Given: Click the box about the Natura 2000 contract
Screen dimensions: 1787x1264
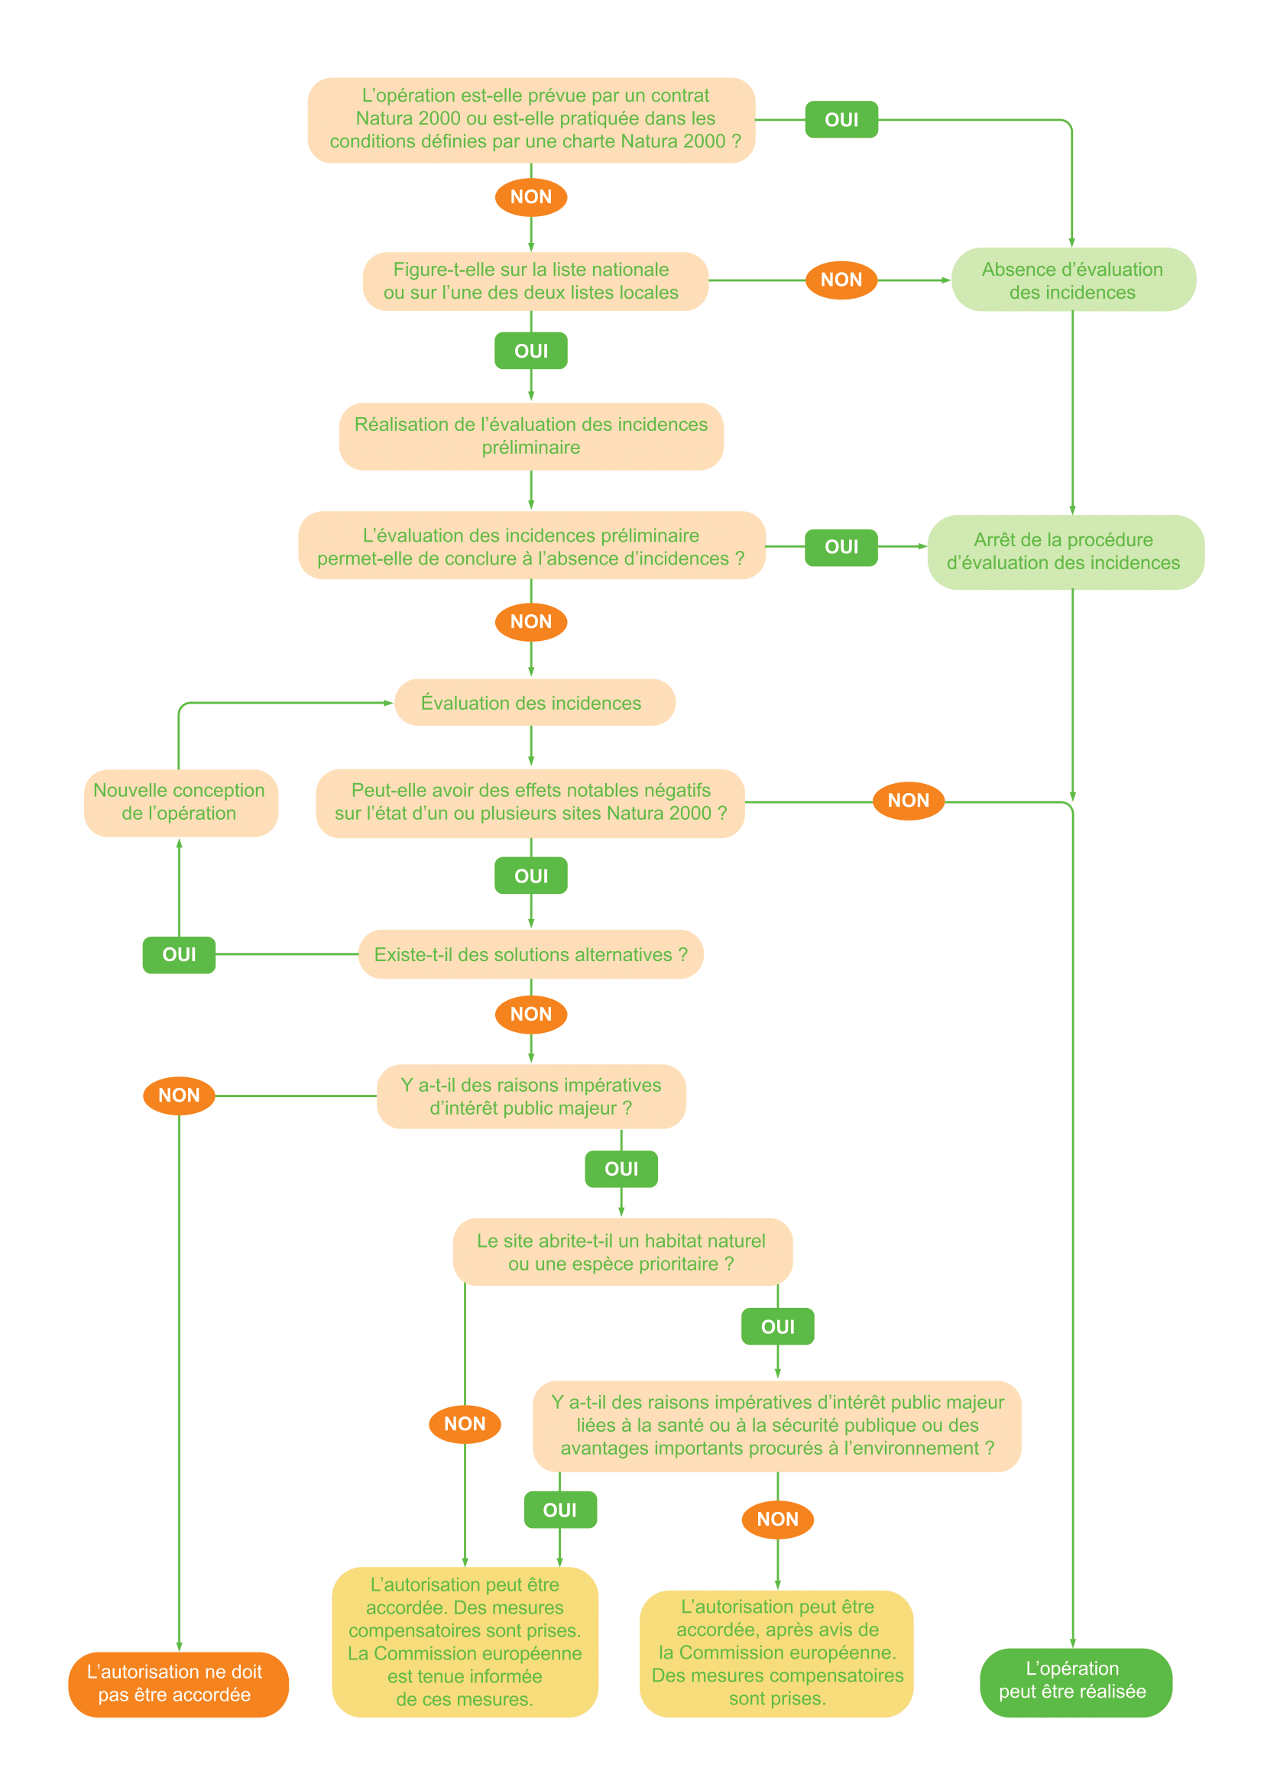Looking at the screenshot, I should [531, 119].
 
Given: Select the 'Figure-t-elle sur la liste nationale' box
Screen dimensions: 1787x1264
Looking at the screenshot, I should [535, 281].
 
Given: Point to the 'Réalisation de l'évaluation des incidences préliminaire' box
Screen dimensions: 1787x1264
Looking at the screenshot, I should [531, 435].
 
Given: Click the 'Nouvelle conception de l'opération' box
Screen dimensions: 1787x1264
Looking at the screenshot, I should [180, 802].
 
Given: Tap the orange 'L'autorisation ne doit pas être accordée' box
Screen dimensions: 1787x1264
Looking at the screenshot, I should [177, 1684].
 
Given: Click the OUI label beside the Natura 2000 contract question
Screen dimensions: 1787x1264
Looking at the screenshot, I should [841, 120].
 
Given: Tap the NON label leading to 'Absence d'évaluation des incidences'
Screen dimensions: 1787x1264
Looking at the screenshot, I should [841, 280].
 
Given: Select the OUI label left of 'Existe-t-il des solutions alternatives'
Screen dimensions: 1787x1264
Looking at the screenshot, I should [179, 955].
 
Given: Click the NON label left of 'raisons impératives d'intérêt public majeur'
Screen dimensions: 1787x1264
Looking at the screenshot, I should [179, 1095].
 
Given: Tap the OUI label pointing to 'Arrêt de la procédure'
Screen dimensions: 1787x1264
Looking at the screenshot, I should [841, 547].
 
